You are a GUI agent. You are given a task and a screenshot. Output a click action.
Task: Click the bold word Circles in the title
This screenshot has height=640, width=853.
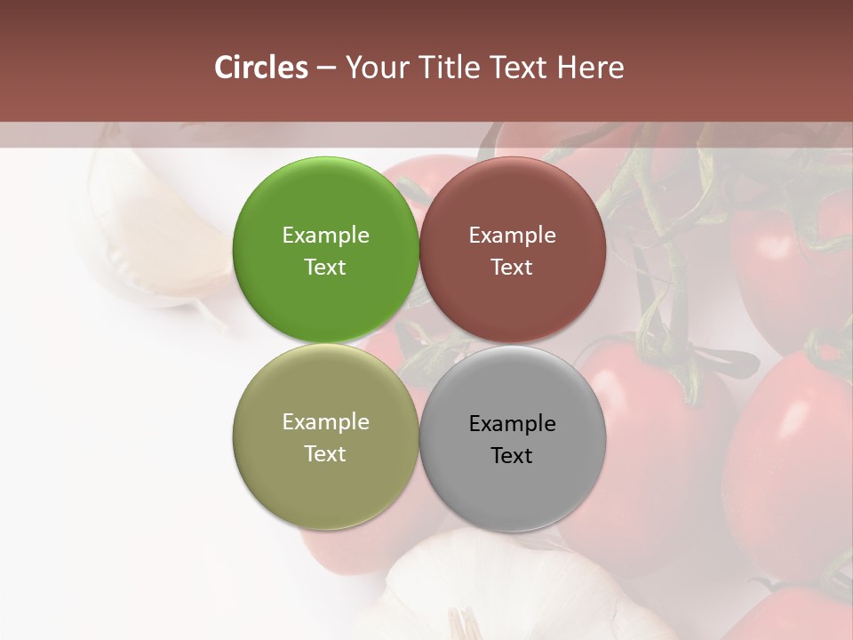261,68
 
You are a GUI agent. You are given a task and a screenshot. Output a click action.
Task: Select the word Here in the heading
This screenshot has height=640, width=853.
591,68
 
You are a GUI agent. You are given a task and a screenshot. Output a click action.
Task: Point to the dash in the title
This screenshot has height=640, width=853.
326,68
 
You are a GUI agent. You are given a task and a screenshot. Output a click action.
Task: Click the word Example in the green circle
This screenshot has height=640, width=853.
325,236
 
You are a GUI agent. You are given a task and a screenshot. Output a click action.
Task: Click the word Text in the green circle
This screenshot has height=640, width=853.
325,267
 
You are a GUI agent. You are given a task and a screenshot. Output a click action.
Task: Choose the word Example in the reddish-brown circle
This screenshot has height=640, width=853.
512,236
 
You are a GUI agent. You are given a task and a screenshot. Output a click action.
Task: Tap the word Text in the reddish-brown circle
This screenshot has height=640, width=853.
512,267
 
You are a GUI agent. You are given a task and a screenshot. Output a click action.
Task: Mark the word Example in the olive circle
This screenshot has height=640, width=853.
325,422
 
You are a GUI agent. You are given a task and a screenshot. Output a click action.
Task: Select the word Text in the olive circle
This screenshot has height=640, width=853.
325,453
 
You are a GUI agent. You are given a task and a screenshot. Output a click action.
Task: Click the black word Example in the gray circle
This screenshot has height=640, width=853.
512,424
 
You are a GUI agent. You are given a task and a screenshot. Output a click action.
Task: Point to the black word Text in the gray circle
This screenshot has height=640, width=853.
512,455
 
